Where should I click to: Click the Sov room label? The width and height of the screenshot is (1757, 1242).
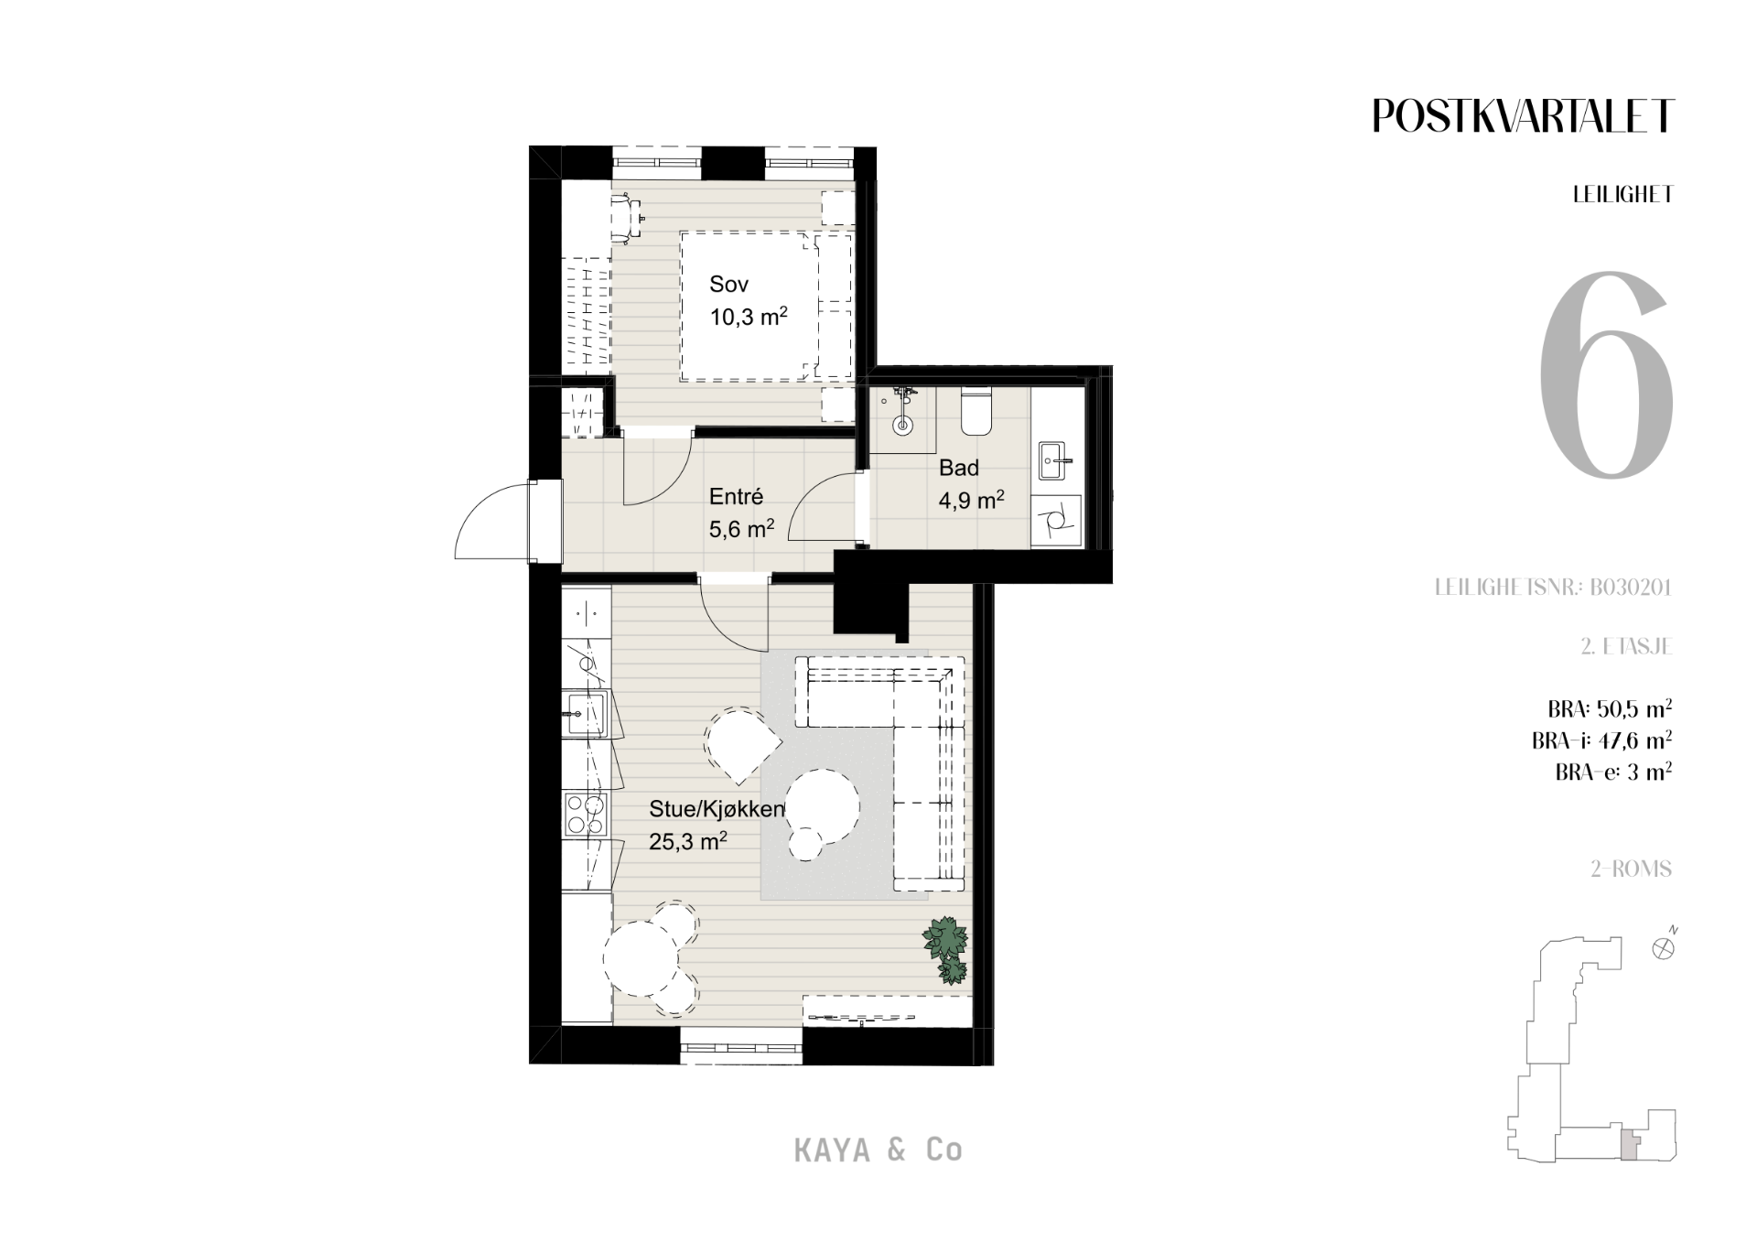click(728, 285)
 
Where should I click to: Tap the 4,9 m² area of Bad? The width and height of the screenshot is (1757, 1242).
click(971, 501)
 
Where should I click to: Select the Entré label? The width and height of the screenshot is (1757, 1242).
click(736, 497)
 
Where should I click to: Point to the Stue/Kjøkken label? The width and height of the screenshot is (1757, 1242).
click(717, 809)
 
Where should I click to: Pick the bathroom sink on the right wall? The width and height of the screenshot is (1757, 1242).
click(1056, 462)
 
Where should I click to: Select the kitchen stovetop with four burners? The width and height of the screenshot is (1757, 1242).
click(586, 815)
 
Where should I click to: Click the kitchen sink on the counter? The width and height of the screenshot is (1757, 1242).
click(585, 714)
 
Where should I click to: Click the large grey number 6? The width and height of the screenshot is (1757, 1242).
click(1607, 375)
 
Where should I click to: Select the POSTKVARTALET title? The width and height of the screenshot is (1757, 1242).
click(1523, 115)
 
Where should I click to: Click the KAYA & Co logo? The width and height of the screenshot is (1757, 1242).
click(878, 1150)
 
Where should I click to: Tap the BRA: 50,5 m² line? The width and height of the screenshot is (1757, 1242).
click(1610, 708)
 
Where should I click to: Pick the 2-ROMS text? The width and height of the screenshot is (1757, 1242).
click(1631, 869)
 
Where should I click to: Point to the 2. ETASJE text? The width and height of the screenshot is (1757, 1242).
click(1627, 646)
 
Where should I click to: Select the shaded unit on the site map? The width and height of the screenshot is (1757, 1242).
click(1629, 1145)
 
